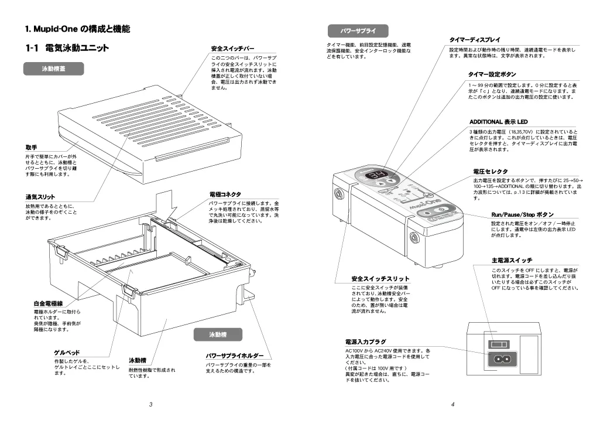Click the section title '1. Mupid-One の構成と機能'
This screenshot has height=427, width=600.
tap(77, 29)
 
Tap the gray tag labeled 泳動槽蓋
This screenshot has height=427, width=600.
tap(54, 69)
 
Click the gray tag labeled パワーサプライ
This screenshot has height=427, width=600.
tap(358, 30)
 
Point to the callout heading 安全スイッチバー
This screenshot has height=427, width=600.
tap(232, 49)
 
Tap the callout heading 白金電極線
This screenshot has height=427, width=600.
tap(48, 304)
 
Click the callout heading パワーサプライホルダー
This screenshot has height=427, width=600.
tap(234, 356)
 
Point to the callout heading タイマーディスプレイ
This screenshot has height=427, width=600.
tap(475, 40)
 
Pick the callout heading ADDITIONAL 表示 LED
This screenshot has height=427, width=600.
tap(495, 122)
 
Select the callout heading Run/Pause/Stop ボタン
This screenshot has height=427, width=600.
tap(522, 215)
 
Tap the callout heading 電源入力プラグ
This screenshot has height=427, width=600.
tap(366, 341)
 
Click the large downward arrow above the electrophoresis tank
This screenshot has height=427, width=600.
tap(166, 204)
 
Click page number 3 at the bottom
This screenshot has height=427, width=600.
tap(151, 404)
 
